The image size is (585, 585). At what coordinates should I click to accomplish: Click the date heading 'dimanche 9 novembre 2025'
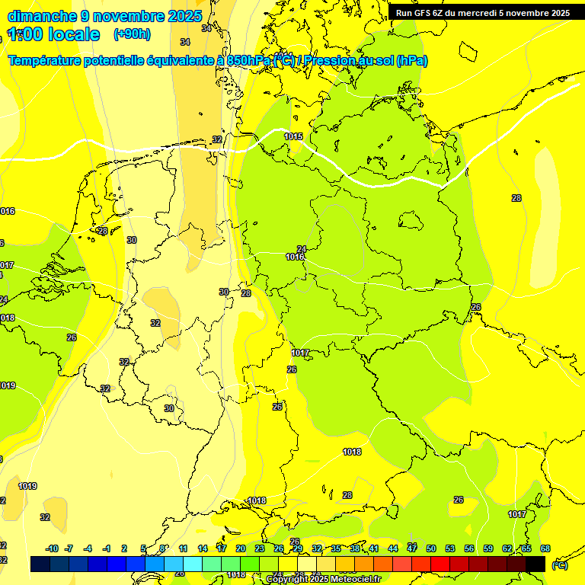coord(104,16)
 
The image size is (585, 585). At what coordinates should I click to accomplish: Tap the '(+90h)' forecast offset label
coord(132,34)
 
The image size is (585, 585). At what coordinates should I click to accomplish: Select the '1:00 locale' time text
coord(53,34)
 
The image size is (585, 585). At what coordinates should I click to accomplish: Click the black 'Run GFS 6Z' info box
coord(483,13)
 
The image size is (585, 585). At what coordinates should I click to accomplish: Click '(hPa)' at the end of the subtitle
coord(411,61)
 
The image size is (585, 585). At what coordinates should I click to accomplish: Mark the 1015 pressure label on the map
coord(293,136)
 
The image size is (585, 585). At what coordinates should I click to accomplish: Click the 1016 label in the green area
coord(295,257)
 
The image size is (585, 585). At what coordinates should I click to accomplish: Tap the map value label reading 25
coord(277,407)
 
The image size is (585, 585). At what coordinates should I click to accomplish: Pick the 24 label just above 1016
coord(302,249)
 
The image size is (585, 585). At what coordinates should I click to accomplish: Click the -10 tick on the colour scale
coord(52,548)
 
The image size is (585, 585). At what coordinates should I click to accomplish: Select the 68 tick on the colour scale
coord(545,548)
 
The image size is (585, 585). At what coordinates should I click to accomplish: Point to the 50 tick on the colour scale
coord(431,548)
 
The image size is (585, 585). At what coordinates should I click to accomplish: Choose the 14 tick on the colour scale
coord(203,548)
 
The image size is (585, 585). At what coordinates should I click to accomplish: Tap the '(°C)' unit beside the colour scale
coord(559,564)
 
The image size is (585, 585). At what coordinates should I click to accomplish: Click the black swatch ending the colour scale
coord(535,564)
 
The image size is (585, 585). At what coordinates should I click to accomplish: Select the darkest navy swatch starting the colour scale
coord(40,564)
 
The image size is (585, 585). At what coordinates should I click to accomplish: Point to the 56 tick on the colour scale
coord(469,548)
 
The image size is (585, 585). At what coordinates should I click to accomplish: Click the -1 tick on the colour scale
coord(107,548)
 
